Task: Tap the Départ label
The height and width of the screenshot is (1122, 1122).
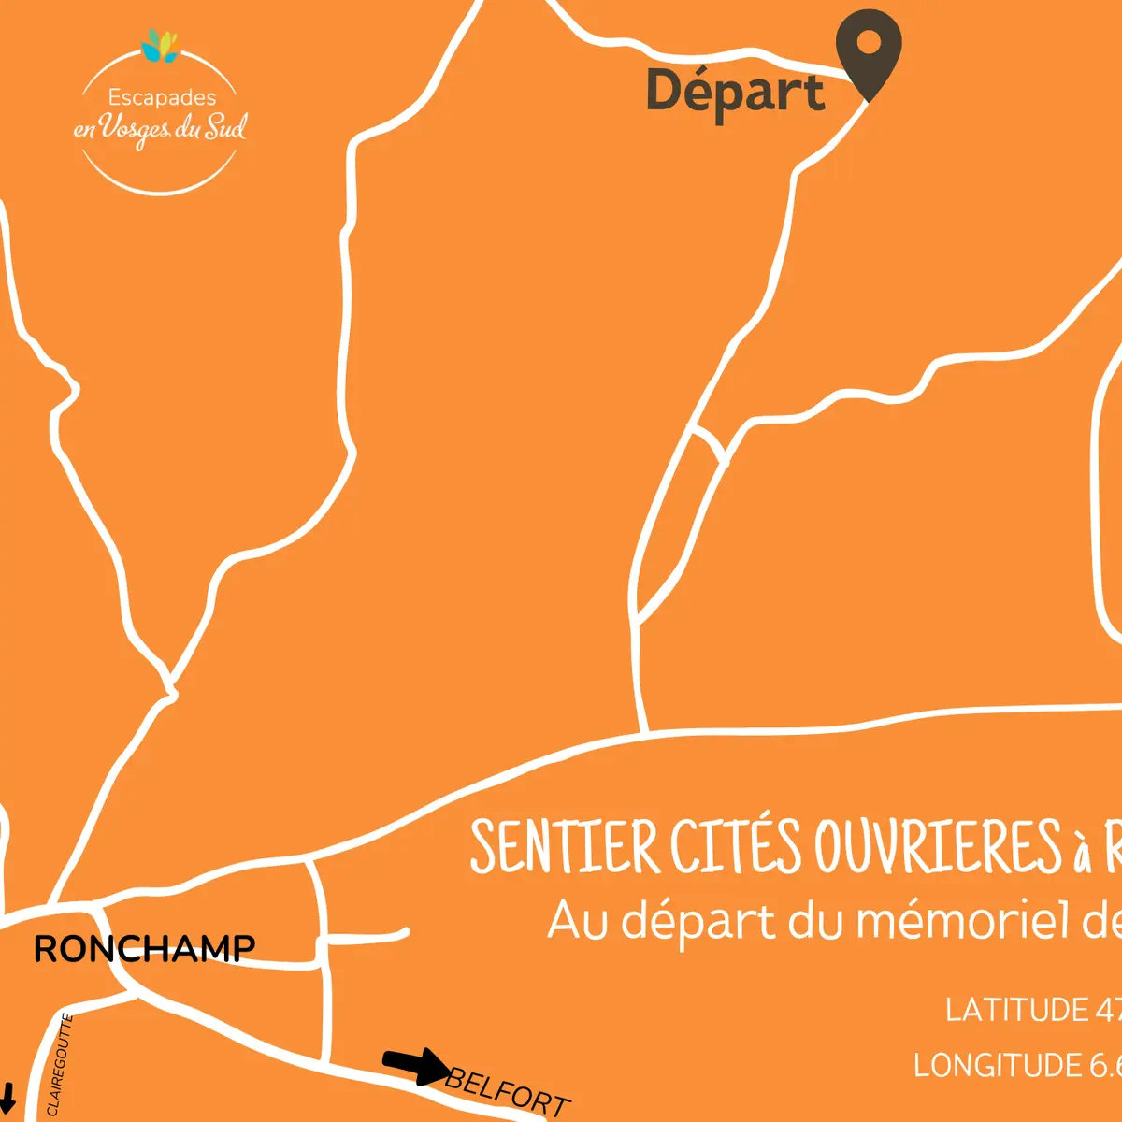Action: pos(736,92)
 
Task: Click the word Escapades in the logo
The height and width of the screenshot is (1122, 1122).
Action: pos(162,97)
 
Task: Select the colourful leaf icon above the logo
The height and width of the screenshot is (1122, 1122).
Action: pos(160,45)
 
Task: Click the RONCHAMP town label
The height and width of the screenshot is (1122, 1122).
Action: pos(144,949)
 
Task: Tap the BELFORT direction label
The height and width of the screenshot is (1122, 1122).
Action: pos(508,1091)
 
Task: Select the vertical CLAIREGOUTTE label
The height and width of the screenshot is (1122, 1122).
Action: pos(59,1065)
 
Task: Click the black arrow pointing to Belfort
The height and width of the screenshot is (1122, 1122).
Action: pos(416,1065)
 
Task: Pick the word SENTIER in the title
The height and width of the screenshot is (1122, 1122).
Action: pos(565,847)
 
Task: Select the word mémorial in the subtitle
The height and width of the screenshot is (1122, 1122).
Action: pos(963,921)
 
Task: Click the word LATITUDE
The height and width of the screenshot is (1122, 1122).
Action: pos(1016,1010)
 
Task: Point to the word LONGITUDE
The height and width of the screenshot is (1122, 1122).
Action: pos(997,1066)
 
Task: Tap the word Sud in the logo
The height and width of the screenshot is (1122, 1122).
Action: pos(225,127)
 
